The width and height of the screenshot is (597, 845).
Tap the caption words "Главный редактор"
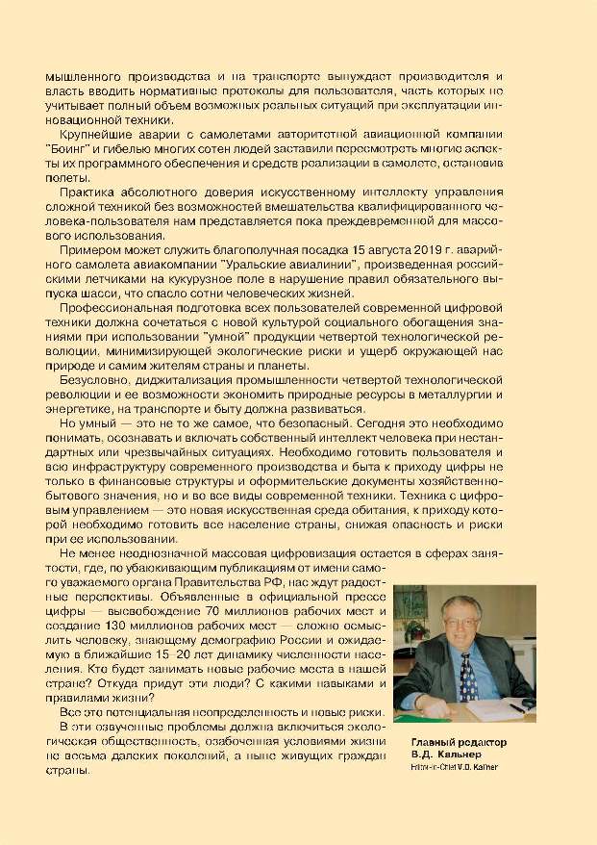tap(458, 744)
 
